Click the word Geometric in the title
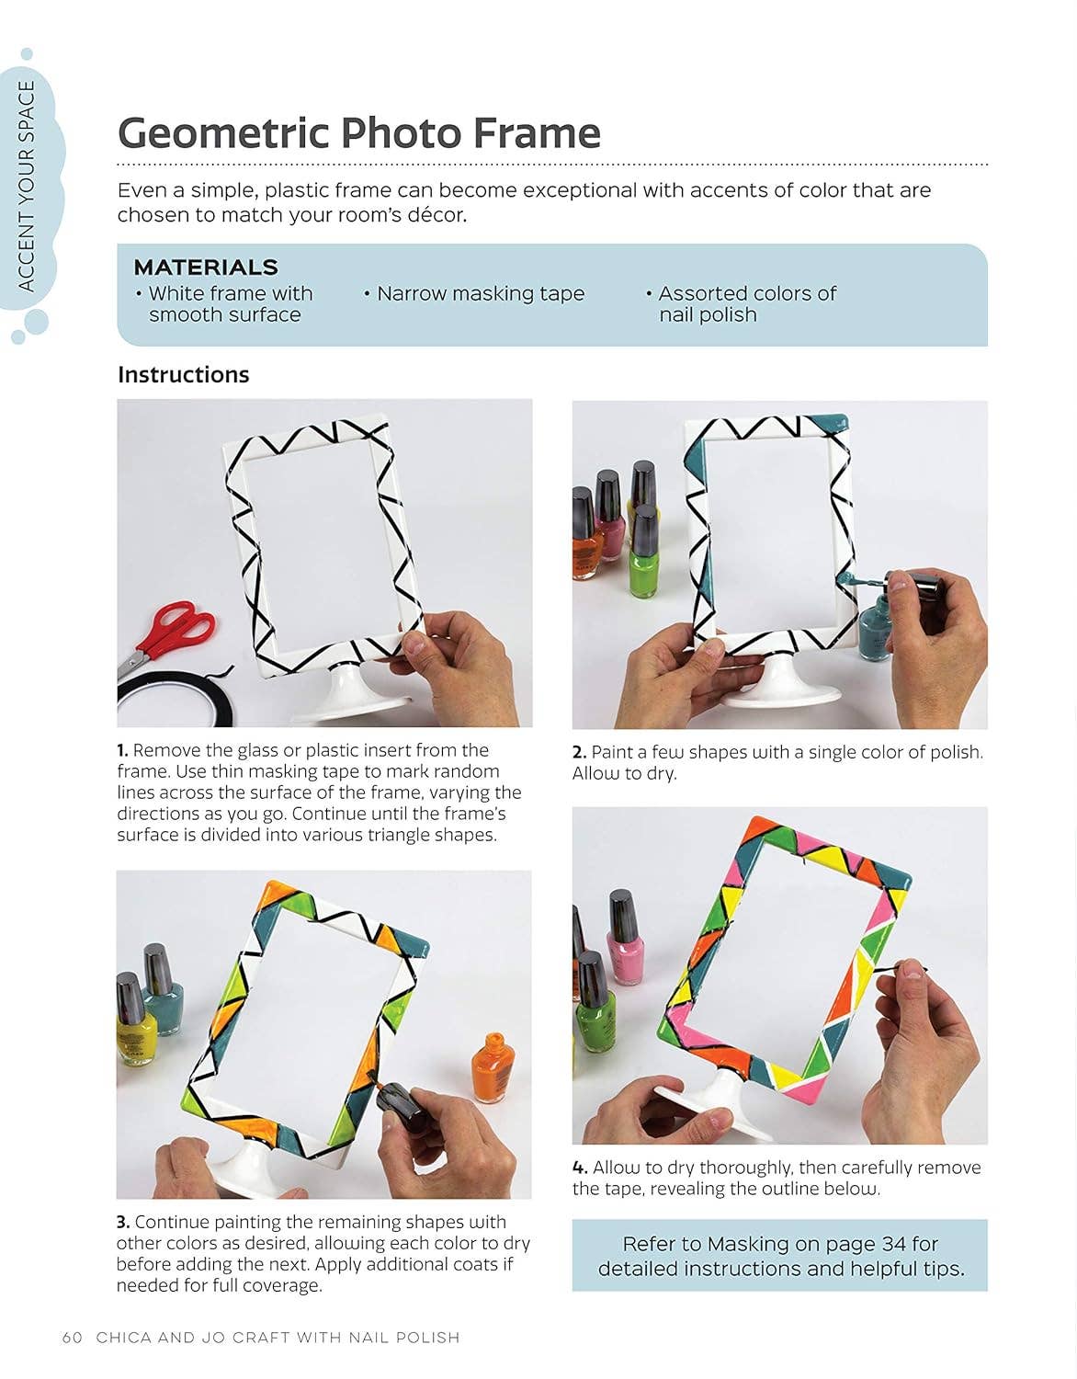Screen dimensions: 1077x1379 coord(224,133)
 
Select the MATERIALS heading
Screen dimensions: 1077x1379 coord(206,268)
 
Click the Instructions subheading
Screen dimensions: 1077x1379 coord(183,374)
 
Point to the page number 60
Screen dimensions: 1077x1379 coord(73,1337)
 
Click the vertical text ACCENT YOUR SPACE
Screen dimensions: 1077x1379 coord(27,187)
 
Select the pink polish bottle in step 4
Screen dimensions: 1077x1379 coord(626,937)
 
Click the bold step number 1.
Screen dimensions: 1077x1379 coord(122,750)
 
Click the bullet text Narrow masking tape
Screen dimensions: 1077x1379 coord(480,294)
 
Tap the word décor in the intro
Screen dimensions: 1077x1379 coord(436,215)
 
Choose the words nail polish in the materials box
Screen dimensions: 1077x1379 coord(708,314)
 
